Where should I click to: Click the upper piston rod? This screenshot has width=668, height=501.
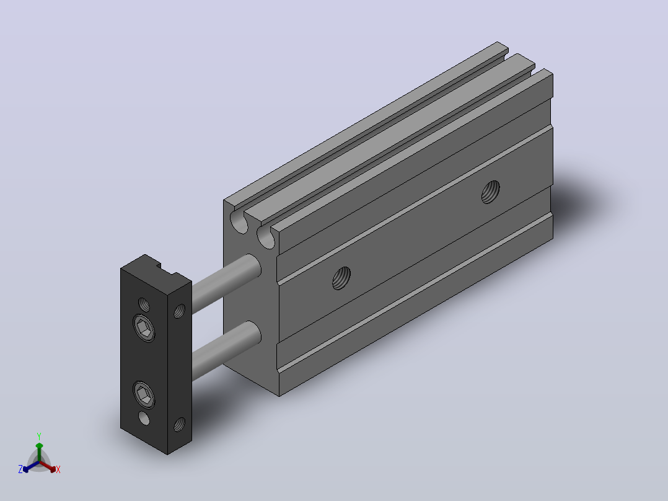tap(226, 283)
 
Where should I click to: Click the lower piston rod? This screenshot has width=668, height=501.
tap(226, 350)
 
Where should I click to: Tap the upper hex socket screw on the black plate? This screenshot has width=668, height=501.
tap(144, 328)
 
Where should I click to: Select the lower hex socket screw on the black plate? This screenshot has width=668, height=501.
tap(144, 395)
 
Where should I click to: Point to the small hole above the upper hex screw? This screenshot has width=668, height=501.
tap(144, 305)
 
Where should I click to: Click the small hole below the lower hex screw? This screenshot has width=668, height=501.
tap(144, 418)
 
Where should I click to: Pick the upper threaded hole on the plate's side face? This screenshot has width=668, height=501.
tap(179, 311)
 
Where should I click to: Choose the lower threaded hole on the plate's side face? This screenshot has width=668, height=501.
tap(179, 424)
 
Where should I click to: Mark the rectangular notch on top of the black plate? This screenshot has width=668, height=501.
tap(165, 268)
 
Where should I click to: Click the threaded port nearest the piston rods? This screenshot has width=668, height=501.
tap(341, 278)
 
